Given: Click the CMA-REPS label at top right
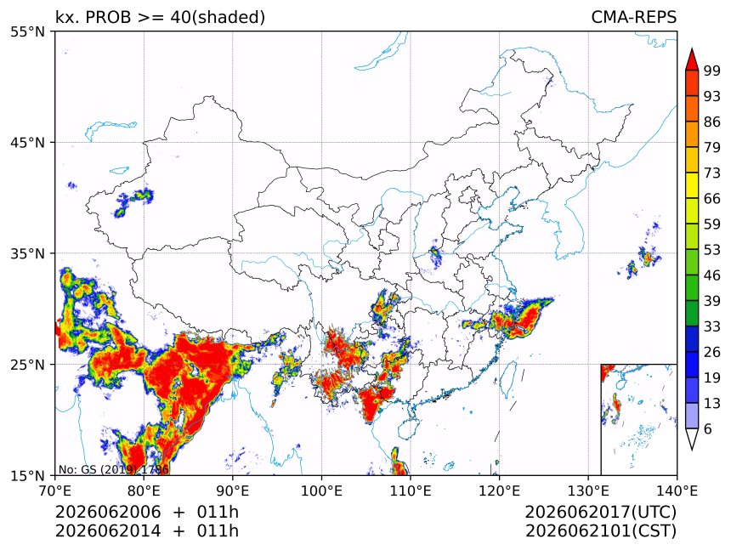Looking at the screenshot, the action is pos(633,17).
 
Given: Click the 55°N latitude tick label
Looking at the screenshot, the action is pos(27,31).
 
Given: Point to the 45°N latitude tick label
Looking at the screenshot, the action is pos(27,142).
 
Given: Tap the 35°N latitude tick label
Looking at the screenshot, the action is pos(27,253).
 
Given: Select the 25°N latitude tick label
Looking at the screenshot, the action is pos(27,365).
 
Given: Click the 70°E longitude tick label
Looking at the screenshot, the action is pos(55,490).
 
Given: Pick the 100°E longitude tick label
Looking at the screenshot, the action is pos(321,490).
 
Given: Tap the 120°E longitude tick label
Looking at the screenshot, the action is pos(499,490).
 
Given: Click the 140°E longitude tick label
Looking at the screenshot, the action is pos(677,490).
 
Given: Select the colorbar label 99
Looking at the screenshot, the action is pos(712,71).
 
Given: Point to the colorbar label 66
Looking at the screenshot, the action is pos(712,199).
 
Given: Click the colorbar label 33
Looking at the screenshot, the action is pos(712,326).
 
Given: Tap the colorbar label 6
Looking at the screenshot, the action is pos(708,428).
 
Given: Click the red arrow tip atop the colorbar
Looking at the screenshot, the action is pos(691,49).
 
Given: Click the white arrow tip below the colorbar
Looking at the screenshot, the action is pos(691,450).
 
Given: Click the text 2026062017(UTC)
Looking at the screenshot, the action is pos(600,512).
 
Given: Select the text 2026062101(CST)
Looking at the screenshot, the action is pos(600,531).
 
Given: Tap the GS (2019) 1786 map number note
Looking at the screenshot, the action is pos(114,469).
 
